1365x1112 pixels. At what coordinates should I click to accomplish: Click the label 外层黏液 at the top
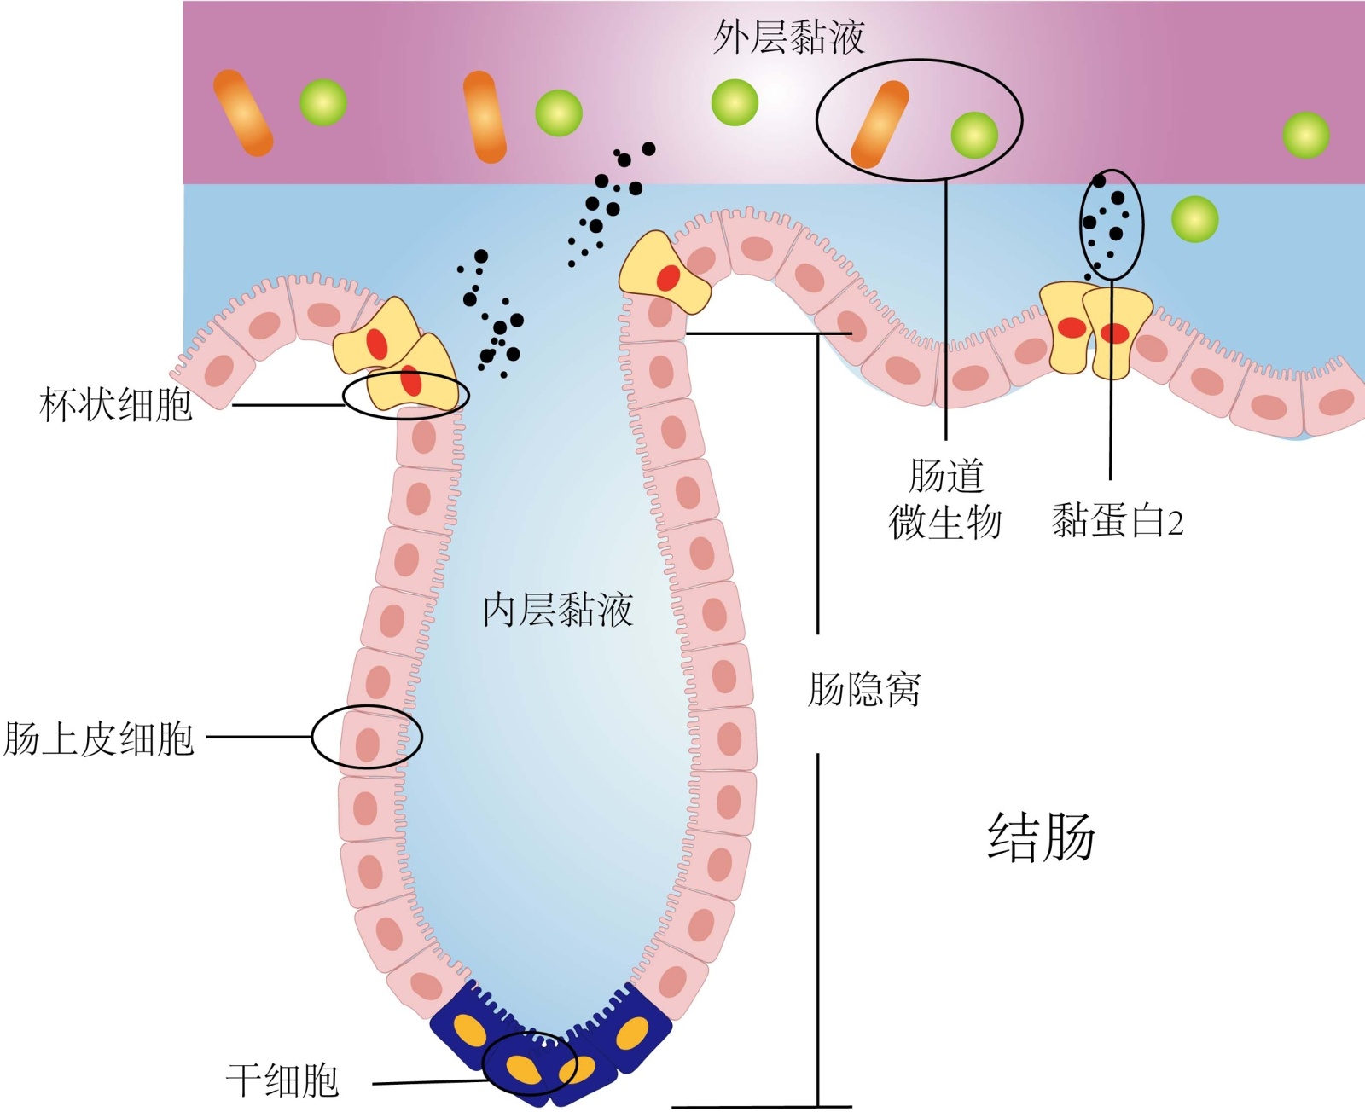tap(788, 38)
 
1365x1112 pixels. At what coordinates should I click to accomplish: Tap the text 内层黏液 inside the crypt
tap(557, 610)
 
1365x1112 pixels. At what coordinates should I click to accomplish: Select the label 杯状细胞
tap(116, 404)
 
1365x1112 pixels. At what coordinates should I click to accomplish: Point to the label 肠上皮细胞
tap(99, 738)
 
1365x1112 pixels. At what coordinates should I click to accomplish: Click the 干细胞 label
tap(282, 1080)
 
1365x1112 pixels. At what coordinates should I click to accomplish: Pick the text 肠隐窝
tap(864, 689)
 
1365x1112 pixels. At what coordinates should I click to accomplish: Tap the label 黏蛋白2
tap(1117, 520)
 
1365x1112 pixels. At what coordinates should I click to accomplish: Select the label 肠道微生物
tap(945, 500)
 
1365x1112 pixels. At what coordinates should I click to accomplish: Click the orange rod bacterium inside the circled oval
tap(880, 125)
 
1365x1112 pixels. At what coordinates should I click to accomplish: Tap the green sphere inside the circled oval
tap(974, 135)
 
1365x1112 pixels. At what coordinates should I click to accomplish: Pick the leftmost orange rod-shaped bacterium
tap(243, 113)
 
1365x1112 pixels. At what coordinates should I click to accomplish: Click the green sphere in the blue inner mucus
tap(1194, 219)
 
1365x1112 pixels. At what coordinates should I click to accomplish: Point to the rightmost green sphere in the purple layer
tap(1305, 135)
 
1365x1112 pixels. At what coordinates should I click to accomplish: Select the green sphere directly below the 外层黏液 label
tap(735, 102)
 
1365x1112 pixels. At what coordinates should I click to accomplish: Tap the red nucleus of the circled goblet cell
tap(411, 380)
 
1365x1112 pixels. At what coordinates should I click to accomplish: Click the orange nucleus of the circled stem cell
tap(522, 1069)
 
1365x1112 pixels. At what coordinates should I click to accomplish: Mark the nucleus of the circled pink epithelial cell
tap(368, 744)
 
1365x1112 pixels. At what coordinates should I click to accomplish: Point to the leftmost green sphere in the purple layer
tap(323, 102)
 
